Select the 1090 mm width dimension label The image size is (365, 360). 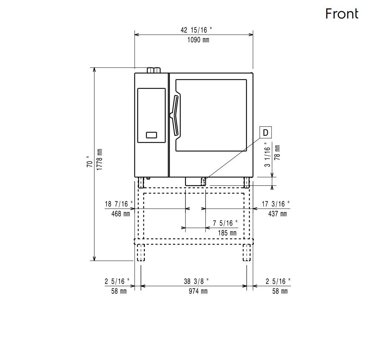click(x=198, y=40)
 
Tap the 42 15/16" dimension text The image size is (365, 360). click(x=196, y=30)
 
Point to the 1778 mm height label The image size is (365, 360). click(x=99, y=159)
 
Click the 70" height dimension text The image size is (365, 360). click(x=89, y=162)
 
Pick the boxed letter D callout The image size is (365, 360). click(x=266, y=133)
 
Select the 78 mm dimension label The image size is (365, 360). click(x=277, y=152)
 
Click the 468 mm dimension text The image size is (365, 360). click(x=121, y=214)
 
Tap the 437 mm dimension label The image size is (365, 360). click(x=277, y=214)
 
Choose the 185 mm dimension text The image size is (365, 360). click(x=227, y=233)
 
